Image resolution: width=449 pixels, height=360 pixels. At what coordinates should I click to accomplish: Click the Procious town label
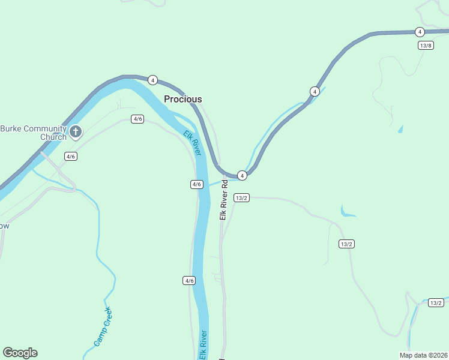click(x=183, y=99)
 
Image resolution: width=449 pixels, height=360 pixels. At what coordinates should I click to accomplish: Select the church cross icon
click(x=76, y=131)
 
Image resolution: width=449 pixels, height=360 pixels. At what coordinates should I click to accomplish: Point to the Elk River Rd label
click(x=223, y=200)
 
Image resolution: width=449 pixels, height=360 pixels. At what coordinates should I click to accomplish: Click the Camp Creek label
click(x=103, y=327)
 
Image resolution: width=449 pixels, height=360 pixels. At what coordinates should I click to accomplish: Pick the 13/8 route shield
click(x=426, y=46)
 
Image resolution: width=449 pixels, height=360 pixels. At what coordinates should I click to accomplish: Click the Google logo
click(x=20, y=353)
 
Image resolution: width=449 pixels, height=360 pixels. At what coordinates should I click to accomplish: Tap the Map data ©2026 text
click(x=423, y=355)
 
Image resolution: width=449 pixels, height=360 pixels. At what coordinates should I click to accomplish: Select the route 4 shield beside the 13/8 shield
click(x=420, y=32)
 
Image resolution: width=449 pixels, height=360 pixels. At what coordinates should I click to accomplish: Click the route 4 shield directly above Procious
click(x=152, y=80)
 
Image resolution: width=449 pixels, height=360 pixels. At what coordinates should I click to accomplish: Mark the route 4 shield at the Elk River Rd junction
click(x=242, y=175)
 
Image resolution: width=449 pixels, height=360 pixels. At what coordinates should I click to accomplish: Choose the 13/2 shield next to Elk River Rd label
click(x=242, y=197)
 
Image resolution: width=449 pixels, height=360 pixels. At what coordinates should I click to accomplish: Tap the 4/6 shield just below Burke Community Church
click(x=71, y=157)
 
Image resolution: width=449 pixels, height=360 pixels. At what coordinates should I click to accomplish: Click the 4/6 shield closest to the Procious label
click(x=138, y=119)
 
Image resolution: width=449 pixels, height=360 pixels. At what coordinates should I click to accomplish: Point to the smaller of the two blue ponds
click(x=400, y=129)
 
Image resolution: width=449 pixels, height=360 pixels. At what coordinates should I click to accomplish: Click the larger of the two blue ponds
click(x=346, y=212)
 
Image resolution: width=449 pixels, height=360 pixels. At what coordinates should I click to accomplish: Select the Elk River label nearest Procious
click(x=192, y=144)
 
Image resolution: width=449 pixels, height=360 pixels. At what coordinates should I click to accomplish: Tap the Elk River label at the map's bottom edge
click(x=204, y=346)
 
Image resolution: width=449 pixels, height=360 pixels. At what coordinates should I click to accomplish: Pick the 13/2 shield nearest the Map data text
click(x=436, y=303)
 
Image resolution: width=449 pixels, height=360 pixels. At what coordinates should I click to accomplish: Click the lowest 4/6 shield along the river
click(x=189, y=280)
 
